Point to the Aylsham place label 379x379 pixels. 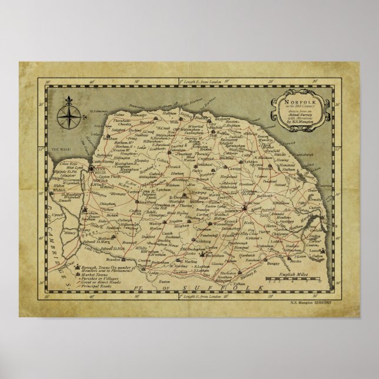pos(238,158)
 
